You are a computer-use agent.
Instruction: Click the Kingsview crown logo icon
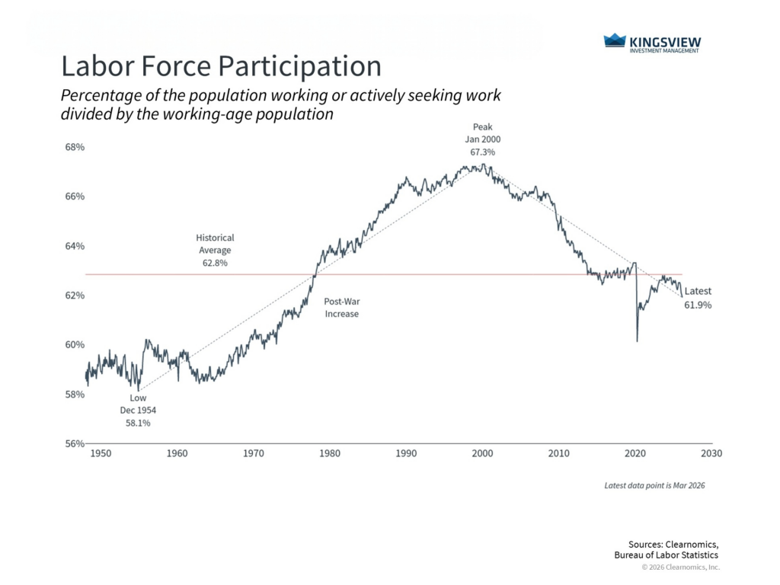(614, 40)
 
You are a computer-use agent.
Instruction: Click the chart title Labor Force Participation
(221, 66)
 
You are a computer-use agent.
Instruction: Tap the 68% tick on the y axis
(74, 147)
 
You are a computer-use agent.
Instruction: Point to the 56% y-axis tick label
(74, 444)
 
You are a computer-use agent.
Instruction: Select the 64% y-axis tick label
(74, 246)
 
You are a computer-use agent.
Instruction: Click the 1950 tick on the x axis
(101, 453)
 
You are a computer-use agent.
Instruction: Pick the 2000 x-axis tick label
(482, 453)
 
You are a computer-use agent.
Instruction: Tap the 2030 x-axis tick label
(711, 453)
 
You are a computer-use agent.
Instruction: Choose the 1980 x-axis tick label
(330, 453)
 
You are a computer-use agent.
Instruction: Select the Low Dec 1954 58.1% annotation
(138, 410)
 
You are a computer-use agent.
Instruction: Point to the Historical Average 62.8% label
(215, 250)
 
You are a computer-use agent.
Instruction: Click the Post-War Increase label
(341, 308)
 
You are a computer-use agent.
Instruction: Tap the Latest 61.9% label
(698, 298)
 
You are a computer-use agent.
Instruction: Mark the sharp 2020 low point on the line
(637, 341)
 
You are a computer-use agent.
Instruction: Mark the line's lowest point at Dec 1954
(138, 390)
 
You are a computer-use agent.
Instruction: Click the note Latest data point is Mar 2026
(654, 485)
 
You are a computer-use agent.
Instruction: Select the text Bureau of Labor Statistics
(666, 555)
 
